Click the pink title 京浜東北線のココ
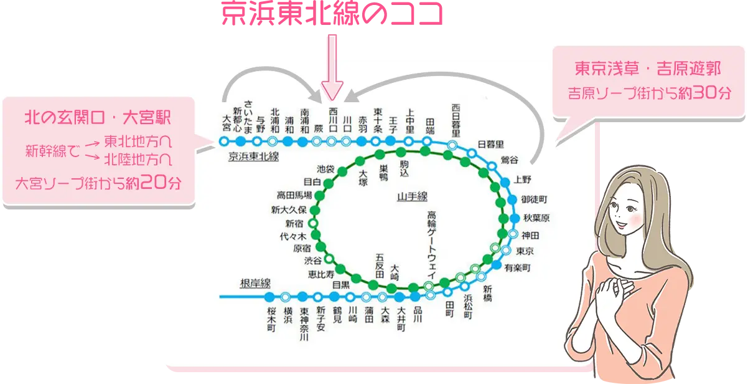pos(331,14)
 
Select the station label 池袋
pos(325,168)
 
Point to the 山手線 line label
pos(412,197)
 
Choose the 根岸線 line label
pos(255,284)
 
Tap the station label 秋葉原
pos(536,218)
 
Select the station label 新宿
pos(295,223)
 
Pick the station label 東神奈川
pos(304,324)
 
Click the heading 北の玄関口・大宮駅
pos(98,117)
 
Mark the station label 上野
pos(523,181)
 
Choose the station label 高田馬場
pos(294,196)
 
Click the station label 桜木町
pos(271,319)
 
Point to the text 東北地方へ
pos(137,140)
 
